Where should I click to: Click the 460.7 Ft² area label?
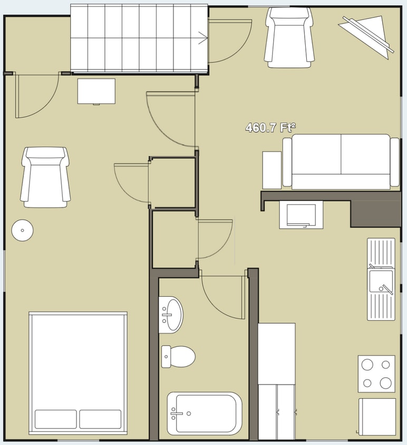[x=270, y=128]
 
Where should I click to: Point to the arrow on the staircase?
[x=202, y=37]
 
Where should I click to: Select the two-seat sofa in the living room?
[x=341, y=161]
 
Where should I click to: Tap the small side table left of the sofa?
[x=272, y=170]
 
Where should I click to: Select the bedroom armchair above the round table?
[x=45, y=177]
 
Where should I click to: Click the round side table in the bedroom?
[x=23, y=230]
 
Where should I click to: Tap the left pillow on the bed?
[x=56, y=419]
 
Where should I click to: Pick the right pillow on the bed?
[x=100, y=419]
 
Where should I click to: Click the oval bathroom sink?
[x=170, y=315]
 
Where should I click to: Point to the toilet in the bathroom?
[x=178, y=357]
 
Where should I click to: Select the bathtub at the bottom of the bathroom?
[x=205, y=413]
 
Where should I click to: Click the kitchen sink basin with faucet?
[x=381, y=281]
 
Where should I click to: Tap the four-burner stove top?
[x=376, y=373]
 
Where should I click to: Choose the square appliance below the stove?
[x=377, y=417]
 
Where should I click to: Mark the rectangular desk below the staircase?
[x=96, y=91]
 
